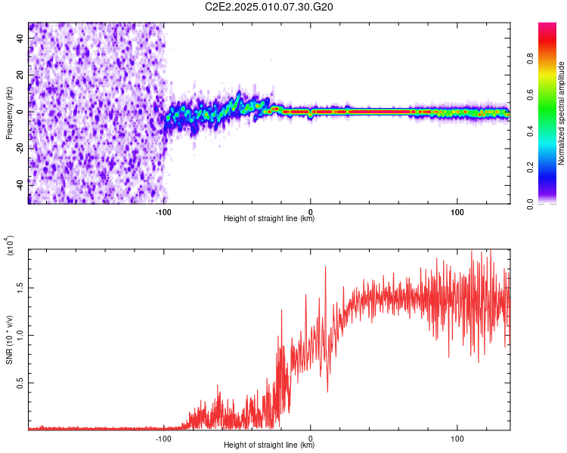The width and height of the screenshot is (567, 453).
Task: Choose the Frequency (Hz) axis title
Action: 9,113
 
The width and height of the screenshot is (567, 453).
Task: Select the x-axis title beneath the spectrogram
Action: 269,219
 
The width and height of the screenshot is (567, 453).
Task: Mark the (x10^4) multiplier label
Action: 11,246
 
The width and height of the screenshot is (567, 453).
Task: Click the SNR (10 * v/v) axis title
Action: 10,339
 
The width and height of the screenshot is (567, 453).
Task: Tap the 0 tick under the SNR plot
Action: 311,438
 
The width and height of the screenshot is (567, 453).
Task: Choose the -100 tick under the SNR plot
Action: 165,438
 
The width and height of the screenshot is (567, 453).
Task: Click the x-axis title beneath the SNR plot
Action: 269,446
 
